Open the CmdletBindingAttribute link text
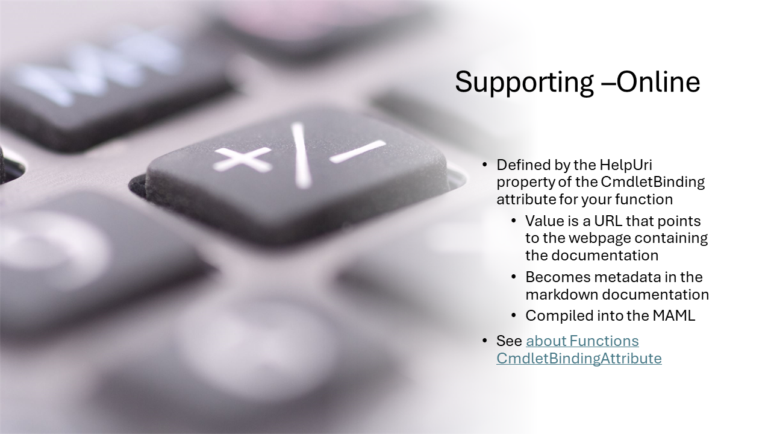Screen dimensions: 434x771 pyautogui.click(x=579, y=359)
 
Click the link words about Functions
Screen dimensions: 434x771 pyautogui.click(x=582, y=341)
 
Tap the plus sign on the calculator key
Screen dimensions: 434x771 pyautogui.click(x=242, y=159)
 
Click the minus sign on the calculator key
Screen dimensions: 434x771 pyautogui.click(x=358, y=151)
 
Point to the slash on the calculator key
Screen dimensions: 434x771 pyautogui.click(x=301, y=154)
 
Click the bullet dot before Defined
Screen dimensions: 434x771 pyautogui.click(x=485, y=165)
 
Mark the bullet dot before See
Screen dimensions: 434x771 pyautogui.click(x=485, y=341)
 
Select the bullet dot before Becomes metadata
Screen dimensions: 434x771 pyautogui.click(x=514, y=277)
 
